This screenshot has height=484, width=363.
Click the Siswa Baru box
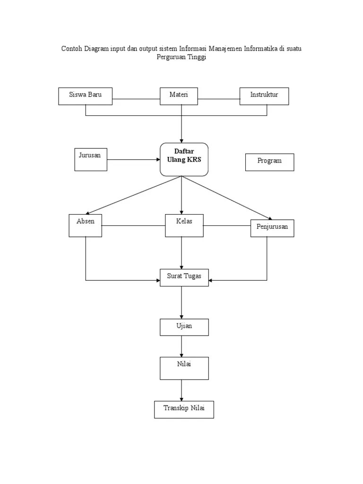click(86, 96)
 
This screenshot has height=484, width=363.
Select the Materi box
click(179, 96)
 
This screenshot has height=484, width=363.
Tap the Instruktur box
click(264, 96)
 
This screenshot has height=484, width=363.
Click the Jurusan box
click(91, 159)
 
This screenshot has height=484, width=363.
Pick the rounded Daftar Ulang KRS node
click(184, 159)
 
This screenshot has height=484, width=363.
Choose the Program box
click(269, 162)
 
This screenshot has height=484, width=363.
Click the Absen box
click(86, 225)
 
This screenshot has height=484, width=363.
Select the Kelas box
click(184, 225)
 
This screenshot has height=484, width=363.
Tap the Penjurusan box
click(272, 228)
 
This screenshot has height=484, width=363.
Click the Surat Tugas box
click(184, 280)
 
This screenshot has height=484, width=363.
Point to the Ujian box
click(184, 327)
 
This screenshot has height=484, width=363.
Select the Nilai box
click(184, 368)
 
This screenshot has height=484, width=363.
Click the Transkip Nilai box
click(184, 409)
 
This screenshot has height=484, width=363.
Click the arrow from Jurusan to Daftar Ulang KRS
click(133, 160)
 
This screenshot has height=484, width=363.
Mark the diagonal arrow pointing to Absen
click(135, 195)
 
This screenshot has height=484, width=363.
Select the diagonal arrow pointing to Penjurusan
click(227, 198)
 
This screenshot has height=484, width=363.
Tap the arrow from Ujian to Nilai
click(182, 346)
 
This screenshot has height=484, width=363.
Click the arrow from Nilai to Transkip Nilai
click(182, 390)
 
